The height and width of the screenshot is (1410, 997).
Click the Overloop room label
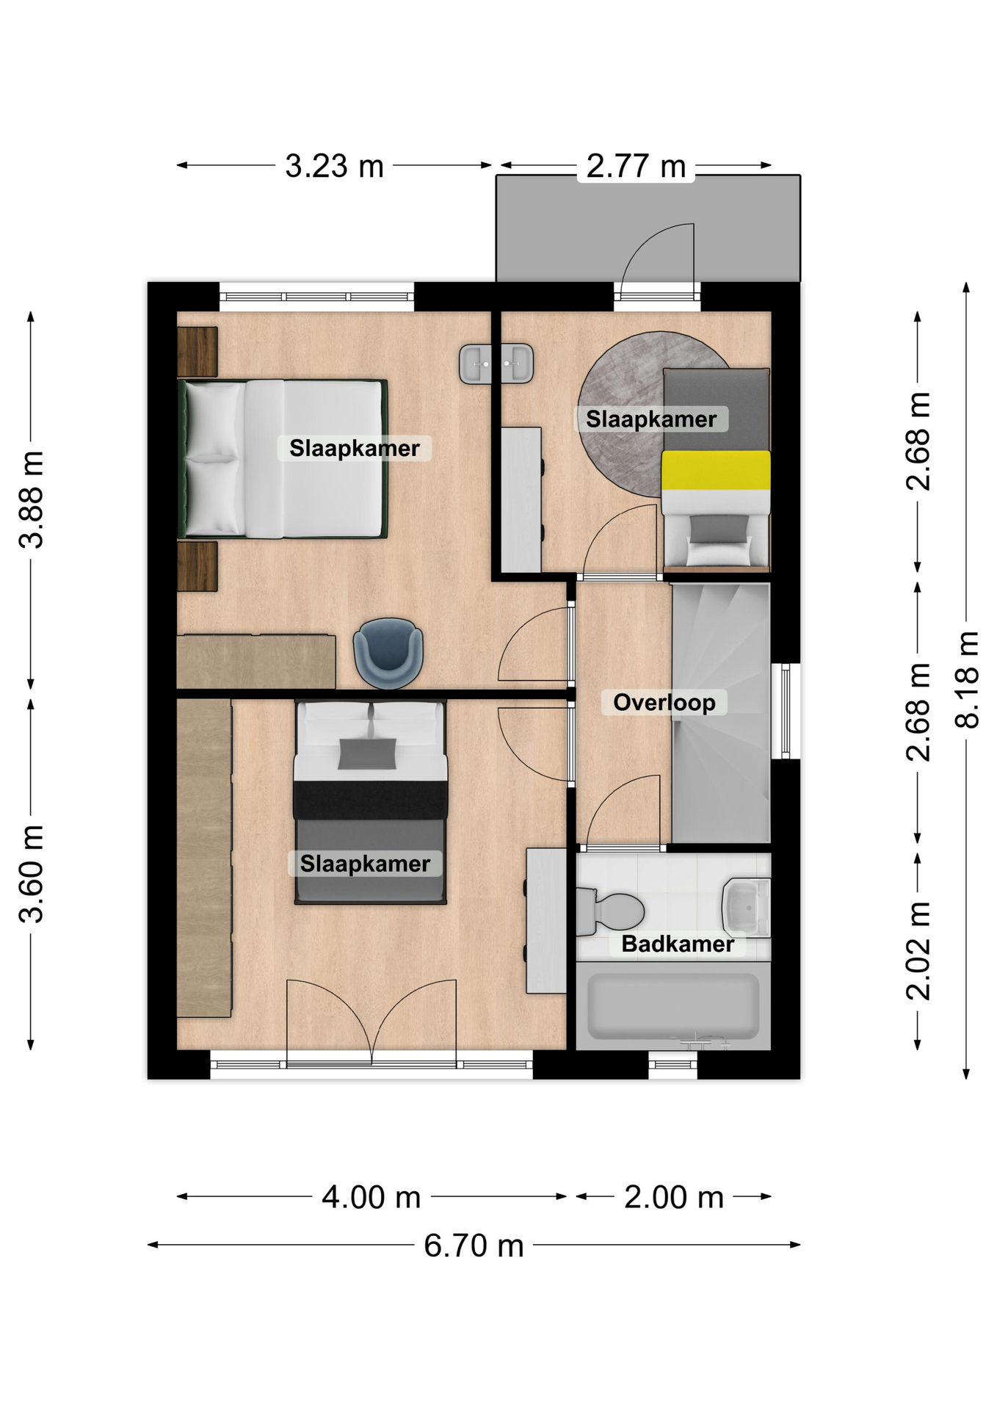(664, 702)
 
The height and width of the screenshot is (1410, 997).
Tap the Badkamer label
(678, 944)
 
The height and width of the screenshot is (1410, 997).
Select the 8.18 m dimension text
(968, 680)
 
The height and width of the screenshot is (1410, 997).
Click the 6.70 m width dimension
(474, 1245)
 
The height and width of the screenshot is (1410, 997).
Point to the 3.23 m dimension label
(334, 167)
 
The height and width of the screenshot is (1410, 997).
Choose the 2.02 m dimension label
(918, 951)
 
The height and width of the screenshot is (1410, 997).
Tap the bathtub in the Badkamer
(673, 1007)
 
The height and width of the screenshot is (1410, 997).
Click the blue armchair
(388, 653)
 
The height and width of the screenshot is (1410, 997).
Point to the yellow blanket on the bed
(716, 470)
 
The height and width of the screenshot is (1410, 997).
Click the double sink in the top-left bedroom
(496, 364)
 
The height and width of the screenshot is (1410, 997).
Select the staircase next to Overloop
(721, 713)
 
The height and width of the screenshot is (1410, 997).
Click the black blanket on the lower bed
(371, 800)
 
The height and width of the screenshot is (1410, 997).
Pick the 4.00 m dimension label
(371, 1198)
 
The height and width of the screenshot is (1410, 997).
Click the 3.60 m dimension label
(32, 874)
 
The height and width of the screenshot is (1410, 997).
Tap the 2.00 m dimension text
(674, 1198)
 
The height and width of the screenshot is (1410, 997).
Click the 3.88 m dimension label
(32, 499)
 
